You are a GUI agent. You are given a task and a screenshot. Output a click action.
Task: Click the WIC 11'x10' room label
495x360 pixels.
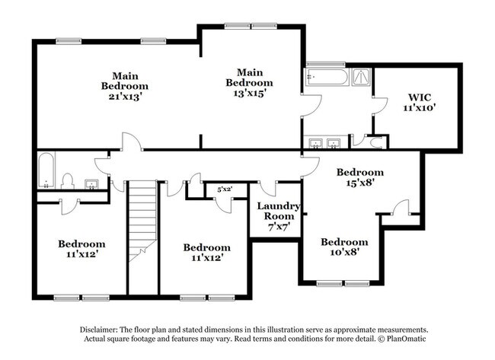tap(420, 102)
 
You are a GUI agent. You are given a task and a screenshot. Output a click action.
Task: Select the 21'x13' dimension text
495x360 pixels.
tap(124, 96)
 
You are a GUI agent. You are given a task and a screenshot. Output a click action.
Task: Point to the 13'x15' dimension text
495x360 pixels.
tap(248, 93)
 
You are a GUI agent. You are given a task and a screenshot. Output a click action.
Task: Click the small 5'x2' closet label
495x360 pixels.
tap(225, 190)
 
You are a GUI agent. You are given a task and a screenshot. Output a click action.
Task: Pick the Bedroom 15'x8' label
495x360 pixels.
tap(360, 177)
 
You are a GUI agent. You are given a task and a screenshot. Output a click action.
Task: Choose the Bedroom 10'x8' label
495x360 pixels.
tap(344, 247)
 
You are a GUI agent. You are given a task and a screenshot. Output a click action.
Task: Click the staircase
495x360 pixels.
tap(142, 221)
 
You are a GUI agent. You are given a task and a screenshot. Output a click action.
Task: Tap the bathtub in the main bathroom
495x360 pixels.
tap(327, 77)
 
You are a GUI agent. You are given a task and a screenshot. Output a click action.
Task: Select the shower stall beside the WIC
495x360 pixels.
tap(362, 77)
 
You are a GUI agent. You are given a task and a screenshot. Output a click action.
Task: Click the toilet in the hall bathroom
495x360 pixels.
tap(67, 181)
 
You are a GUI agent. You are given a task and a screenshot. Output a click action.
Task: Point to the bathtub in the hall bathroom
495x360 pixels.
tap(46, 170)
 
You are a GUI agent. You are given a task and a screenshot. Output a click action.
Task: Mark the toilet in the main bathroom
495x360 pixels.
tap(377, 143)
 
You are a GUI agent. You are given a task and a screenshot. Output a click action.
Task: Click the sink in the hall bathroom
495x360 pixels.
tap(91, 184)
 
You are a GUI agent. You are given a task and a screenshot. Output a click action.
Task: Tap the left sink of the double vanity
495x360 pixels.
tap(315, 143)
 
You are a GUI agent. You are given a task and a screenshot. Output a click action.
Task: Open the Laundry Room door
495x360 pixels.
tap(268, 189)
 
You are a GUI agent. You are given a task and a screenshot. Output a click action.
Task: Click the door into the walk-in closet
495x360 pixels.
tap(380, 105)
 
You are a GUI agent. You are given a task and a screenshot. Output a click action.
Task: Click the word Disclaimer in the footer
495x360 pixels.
tap(99, 330)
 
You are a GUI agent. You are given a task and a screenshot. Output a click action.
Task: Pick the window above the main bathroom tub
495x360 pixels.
tap(325, 65)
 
